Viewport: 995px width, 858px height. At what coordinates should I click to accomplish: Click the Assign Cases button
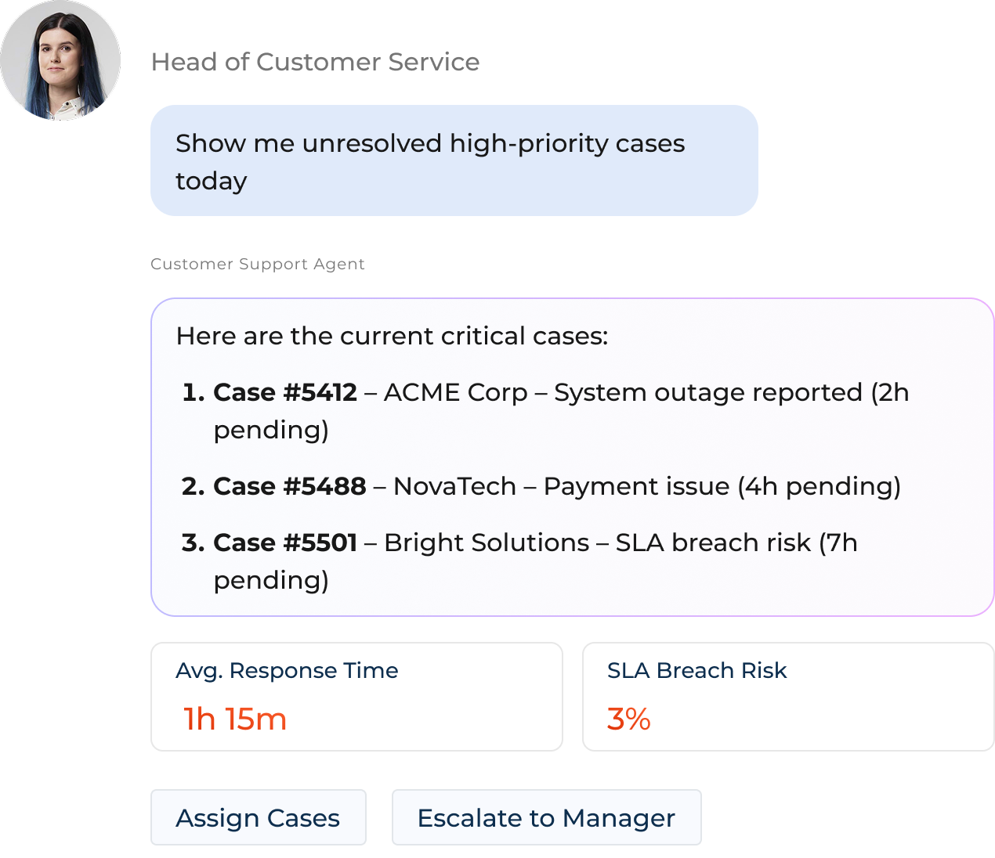258,818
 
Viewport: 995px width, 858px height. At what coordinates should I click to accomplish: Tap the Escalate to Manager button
546,818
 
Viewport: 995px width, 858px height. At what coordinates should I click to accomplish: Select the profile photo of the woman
60,61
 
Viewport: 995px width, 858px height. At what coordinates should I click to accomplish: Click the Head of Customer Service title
315,62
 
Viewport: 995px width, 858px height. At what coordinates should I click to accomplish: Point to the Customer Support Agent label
257,264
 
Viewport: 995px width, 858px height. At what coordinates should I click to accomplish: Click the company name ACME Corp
455,392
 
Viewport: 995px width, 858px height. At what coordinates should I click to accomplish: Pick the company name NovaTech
454,486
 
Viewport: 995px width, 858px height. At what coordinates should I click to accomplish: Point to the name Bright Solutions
487,543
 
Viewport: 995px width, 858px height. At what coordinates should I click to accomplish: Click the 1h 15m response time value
235,719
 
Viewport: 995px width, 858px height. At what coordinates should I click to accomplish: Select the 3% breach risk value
628,719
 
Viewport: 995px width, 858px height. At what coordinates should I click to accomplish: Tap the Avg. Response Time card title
287,671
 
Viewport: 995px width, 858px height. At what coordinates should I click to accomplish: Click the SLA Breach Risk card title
696,671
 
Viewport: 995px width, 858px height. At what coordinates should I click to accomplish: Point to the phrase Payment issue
636,486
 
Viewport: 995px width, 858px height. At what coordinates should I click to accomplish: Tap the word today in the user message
211,182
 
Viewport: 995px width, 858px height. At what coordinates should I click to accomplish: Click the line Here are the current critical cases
392,336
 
